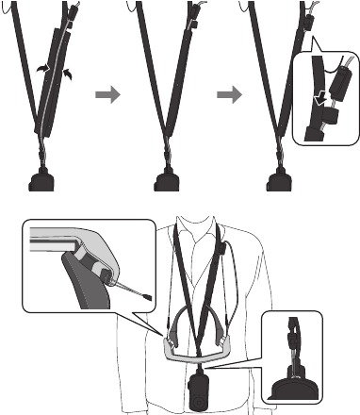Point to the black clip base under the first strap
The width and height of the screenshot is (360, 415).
(43, 180)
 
